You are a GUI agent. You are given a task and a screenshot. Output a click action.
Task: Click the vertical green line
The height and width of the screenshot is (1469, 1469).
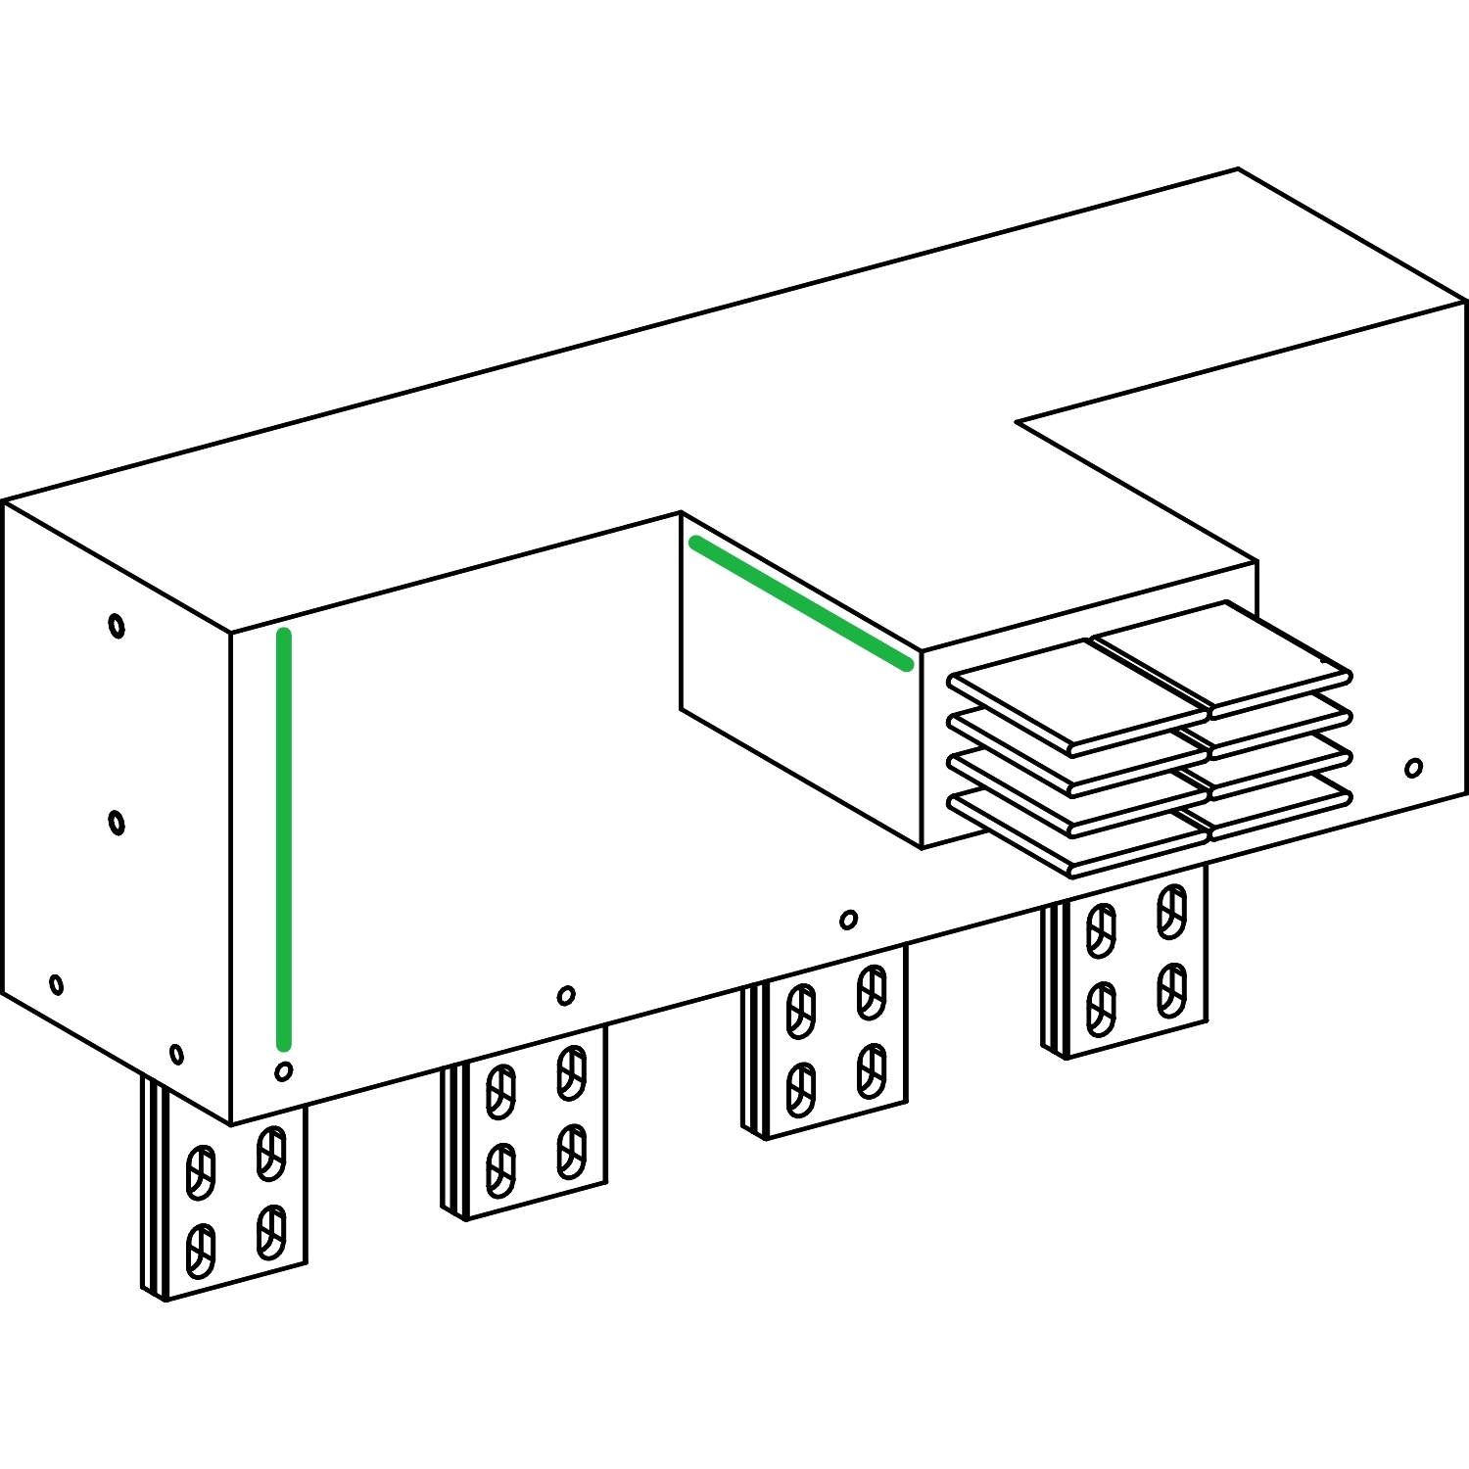[284, 838]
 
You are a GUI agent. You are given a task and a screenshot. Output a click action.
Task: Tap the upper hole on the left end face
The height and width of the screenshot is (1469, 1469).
[117, 625]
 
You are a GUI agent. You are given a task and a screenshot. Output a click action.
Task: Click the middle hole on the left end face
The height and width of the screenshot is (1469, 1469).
[117, 822]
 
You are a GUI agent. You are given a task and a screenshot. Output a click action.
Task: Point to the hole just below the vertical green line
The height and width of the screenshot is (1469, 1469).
[284, 1071]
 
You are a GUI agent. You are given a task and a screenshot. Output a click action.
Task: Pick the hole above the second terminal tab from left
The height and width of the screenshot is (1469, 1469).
[566, 995]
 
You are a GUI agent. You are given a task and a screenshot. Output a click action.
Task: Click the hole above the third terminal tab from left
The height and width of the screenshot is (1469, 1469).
[849, 919]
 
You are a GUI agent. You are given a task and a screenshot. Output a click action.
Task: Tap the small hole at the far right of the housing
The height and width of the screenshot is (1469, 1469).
[1413, 767]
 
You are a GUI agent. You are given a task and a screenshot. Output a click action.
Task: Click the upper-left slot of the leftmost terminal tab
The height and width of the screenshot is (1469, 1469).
[201, 1171]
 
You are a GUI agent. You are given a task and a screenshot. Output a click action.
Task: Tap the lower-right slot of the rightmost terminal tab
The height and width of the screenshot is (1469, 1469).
[1171, 989]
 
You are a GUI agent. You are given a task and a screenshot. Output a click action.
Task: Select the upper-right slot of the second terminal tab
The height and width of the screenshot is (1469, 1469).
[572, 1071]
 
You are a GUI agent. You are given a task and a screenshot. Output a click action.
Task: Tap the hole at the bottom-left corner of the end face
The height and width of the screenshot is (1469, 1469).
[56, 984]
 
